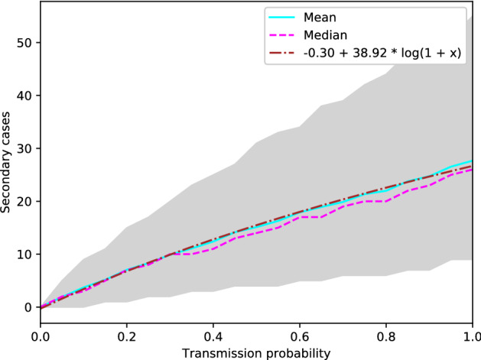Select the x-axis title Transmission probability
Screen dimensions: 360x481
tap(256, 352)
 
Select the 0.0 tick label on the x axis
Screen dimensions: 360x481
tap(40, 335)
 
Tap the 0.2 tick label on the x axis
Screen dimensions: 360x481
tap(126, 335)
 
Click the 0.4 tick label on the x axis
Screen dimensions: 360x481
tap(213, 335)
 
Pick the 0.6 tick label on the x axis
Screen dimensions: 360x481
tap(300, 335)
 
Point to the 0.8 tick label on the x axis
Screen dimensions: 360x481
tap(386, 335)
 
